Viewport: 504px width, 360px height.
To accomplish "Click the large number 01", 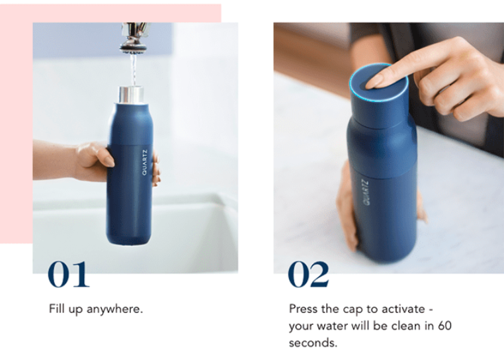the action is (69, 274).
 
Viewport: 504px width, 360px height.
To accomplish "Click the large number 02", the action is (309, 274).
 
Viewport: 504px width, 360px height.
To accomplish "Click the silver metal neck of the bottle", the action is (131, 95).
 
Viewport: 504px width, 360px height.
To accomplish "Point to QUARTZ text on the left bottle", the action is (144, 163).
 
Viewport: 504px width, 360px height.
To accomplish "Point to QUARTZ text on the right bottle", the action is (366, 193).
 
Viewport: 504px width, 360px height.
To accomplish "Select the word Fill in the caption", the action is (57, 308).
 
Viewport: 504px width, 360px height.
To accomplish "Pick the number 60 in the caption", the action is (444, 326).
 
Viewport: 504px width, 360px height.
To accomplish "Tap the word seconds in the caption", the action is (313, 343).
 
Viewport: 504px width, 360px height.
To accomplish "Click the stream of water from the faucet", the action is (133, 69).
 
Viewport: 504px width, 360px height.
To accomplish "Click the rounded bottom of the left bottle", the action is (128, 239).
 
